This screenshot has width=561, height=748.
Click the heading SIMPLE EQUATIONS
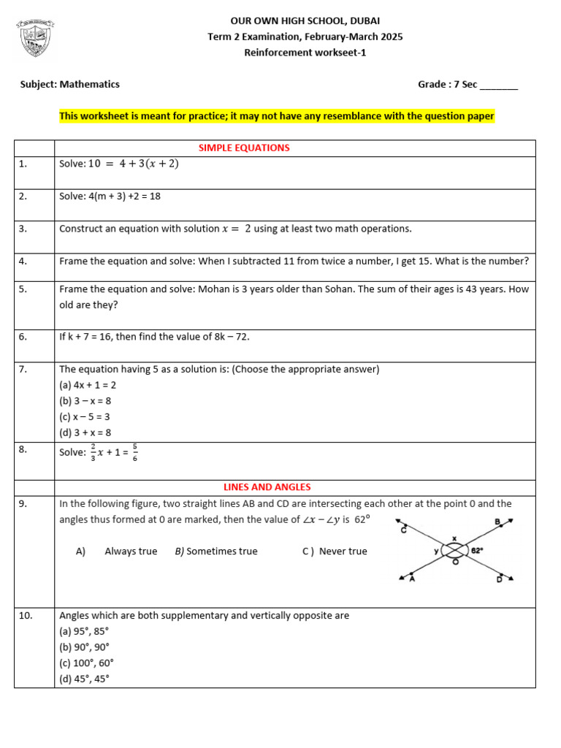(x=244, y=148)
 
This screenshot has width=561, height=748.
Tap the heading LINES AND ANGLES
(x=267, y=486)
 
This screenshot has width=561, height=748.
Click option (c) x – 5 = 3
(x=85, y=416)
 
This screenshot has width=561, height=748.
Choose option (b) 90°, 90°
(x=85, y=647)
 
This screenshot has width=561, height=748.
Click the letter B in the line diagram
(x=497, y=522)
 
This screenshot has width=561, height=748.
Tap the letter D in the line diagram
(x=499, y=579)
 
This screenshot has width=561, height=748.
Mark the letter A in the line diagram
(x=413, y=579)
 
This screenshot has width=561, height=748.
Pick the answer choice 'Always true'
(x=131, y=552)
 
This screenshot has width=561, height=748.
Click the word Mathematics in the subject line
(x=89, y=84)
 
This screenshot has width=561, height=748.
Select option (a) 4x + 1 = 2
(x=87, y=385)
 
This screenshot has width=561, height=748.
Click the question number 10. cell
(x=34, y=616)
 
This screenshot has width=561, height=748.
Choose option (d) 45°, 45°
(x=85, y=679)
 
